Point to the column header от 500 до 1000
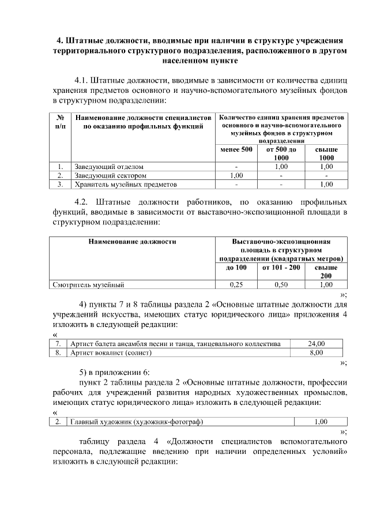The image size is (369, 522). [281, 153]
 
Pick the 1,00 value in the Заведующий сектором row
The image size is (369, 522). [236, 175]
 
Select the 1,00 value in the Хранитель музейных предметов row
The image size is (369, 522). [326, 185]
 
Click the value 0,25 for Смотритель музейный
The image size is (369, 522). [236, 284]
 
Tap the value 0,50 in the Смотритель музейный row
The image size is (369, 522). [281, 284]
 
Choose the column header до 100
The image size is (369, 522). [236, 268]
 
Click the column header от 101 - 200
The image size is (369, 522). [281, 268]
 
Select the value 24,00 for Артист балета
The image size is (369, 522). [316, 344]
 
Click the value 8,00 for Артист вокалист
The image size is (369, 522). [316, 352]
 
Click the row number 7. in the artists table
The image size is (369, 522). [58, 344]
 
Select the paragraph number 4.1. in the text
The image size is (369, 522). [84, 79]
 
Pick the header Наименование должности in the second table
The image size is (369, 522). [132, 242]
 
